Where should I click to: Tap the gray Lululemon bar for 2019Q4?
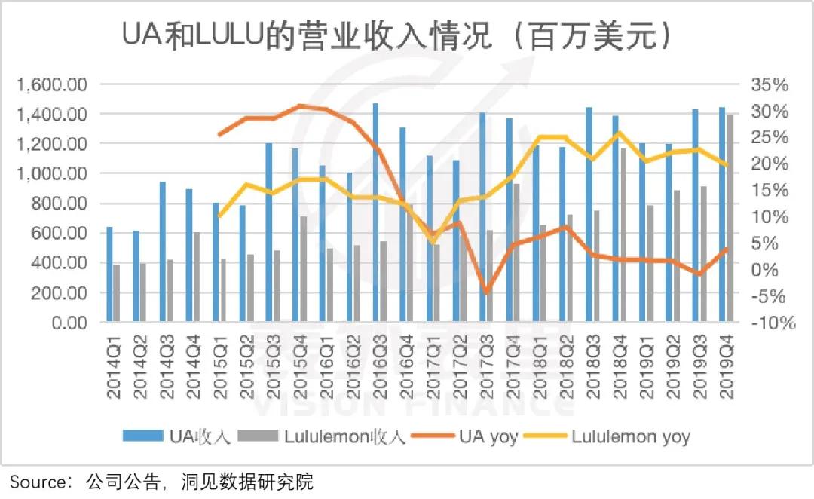click(x=729, y=218)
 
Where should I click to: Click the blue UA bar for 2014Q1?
click(x=109, y=274)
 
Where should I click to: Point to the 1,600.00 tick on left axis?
click(x=51, y=84)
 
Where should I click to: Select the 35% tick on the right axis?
click(x=770, y=84)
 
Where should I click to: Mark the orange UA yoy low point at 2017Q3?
click(x=486, y=292)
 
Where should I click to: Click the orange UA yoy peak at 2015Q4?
click(x=299, y=106)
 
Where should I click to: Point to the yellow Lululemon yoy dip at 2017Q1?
click(x=433, y=241)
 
